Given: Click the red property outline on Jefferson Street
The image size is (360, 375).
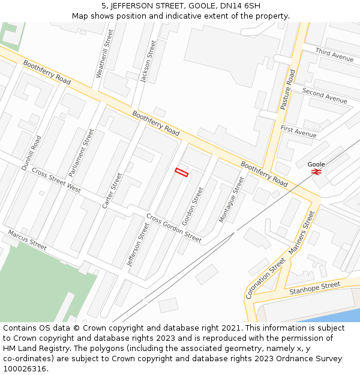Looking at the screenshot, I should [181, 173].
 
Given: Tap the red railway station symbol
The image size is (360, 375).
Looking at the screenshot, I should [316, 172].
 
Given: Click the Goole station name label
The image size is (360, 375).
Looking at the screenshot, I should [316, 164].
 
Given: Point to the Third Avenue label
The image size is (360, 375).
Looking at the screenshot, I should [334, 55].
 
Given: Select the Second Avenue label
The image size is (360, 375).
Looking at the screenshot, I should [325, 95].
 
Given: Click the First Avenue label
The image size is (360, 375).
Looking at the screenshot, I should [298, 132].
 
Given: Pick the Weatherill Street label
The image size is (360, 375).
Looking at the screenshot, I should [104, 54].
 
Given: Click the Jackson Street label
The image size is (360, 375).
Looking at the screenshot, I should [148, 61].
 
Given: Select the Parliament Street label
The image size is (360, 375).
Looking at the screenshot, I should [82, 152].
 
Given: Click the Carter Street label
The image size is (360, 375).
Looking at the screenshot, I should [112, 190].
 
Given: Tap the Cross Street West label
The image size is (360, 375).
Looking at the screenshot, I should [56, 180].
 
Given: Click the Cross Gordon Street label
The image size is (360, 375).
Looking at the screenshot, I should [174, 228].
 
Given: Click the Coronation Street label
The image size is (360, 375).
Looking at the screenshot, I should [266, 278].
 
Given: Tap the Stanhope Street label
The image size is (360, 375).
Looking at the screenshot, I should [315, 288].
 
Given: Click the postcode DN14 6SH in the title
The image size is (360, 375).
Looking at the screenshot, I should [241, 6].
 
